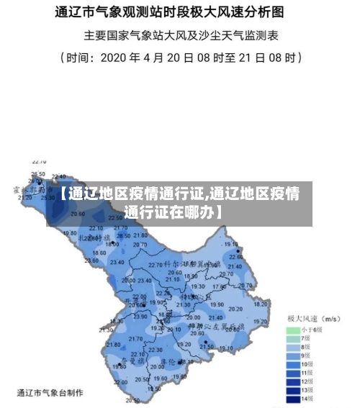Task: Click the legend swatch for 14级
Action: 292,398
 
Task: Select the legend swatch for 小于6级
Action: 292,330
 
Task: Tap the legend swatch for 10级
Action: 292,363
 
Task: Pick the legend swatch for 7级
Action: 292,338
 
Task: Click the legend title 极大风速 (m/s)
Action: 314,318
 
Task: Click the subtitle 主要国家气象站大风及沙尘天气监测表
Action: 181,34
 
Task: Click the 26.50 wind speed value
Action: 37,174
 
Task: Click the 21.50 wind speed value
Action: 207,346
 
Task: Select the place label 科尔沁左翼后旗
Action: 216,326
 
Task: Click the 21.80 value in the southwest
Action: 114,344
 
